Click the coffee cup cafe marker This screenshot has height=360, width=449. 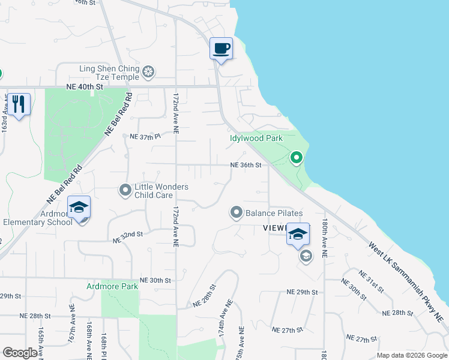221,49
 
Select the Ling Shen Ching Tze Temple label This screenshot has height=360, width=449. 109,73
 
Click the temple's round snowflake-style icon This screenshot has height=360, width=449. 148,73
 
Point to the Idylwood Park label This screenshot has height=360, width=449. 256,138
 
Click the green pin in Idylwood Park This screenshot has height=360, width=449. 296,158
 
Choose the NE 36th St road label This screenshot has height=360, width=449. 246,165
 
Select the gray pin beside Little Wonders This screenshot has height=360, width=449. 125,190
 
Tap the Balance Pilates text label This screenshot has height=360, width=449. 274,213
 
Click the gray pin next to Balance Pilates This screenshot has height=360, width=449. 237,212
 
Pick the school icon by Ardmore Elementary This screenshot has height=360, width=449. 79,208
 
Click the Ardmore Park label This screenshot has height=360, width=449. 112,286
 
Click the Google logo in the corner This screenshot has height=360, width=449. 20,353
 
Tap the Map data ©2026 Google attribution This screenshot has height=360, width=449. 411,355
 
